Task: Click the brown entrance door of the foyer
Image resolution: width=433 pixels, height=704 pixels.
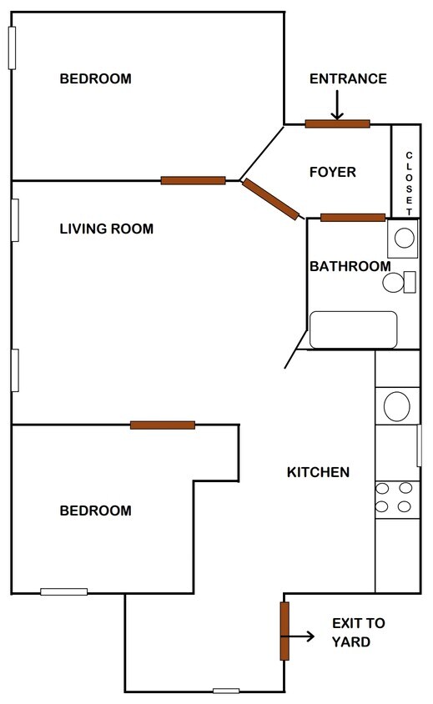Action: point(337,124)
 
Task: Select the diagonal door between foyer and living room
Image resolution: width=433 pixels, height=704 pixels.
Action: point(270,199)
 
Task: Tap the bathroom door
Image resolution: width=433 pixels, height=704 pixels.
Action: point(352,218)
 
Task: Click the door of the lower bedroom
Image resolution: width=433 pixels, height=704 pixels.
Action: point(163,425)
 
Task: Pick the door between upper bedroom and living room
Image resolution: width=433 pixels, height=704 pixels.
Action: point(193,180)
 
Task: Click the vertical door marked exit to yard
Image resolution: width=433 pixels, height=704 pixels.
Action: point(284,631)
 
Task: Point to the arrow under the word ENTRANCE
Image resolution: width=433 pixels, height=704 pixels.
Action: point(337,104)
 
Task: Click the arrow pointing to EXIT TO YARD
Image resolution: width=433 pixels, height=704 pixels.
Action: point(304,636)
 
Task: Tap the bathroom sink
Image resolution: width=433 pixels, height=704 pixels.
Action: point(404,239)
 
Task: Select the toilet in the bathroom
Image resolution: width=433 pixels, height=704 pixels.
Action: point(400,283)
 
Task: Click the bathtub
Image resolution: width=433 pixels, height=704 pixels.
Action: point(353,329)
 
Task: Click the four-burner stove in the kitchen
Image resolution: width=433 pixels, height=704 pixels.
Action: point(395,497)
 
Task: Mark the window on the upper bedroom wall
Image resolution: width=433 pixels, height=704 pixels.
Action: point(12,48)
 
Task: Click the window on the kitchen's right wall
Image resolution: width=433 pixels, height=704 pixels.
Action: point(419,445)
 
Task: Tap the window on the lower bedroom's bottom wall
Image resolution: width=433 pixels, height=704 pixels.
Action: point(64,591)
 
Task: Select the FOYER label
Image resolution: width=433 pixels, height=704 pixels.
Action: point(332,173)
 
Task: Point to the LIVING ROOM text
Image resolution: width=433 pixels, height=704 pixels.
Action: point(106,229)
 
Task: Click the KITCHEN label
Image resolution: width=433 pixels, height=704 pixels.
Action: point(318,472)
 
